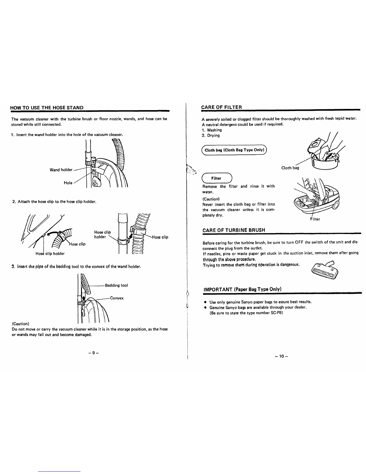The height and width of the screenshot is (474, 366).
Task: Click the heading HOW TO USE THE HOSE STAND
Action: [x=47, y=107]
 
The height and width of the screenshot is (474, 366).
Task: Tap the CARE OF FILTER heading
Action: [x=222, y=107]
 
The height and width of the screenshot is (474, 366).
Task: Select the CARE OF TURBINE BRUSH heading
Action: [x=234, y=230]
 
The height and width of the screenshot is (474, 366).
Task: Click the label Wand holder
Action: [x=61, y=170]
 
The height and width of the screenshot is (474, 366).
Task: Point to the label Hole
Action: [x=68, y=183]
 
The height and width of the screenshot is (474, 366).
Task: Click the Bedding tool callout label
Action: [x=116, y=285]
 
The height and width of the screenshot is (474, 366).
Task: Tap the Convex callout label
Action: [x=117, y=298]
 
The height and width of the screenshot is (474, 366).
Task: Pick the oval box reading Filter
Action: [x=217, y=178]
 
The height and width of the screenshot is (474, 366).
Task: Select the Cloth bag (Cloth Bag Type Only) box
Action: [x=234, y=150]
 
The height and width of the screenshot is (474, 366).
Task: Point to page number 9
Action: [x=93, y=353]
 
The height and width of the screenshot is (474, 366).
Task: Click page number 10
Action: [x=281, y=356]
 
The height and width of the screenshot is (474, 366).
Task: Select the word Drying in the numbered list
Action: [x=213, y=136]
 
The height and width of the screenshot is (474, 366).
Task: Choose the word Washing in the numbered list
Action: [x=214, y=130]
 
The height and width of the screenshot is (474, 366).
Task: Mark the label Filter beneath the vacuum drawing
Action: [x=315, y=219]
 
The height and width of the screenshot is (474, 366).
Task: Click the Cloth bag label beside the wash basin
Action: [x=290, y=168]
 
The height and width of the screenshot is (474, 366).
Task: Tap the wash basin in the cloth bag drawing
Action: [x=325, y=162]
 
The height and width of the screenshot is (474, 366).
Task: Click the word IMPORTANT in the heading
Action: [x=218, y=289]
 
